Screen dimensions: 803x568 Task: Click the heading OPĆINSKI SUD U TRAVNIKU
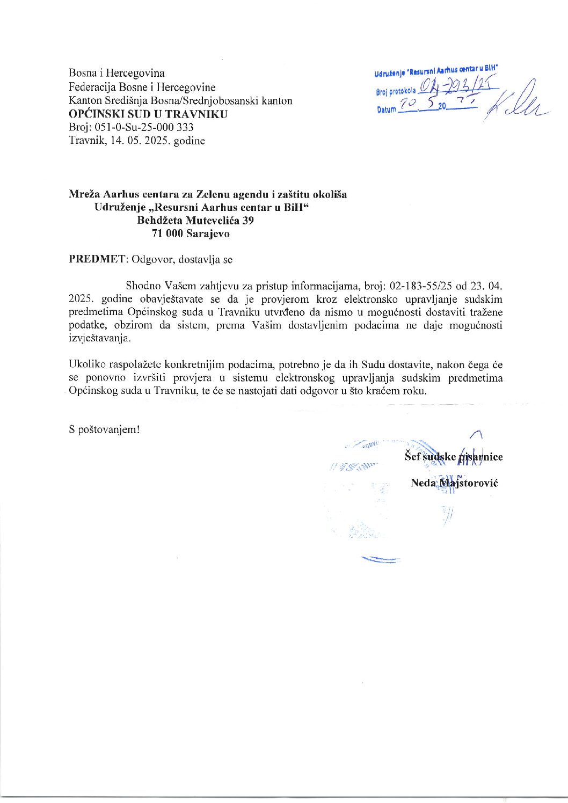pos(148,114)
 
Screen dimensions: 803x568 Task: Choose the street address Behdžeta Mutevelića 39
pos(195,220)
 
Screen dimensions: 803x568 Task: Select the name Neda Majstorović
pos(454,483)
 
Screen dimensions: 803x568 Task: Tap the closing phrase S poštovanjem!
pos(104,430)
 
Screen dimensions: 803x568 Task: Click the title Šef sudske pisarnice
pos(454,457)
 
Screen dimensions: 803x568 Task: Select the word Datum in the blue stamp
pos(385,109)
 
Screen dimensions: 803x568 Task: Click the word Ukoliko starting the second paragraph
pos(84,364)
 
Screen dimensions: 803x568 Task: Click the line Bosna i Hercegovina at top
pos(116,73)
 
